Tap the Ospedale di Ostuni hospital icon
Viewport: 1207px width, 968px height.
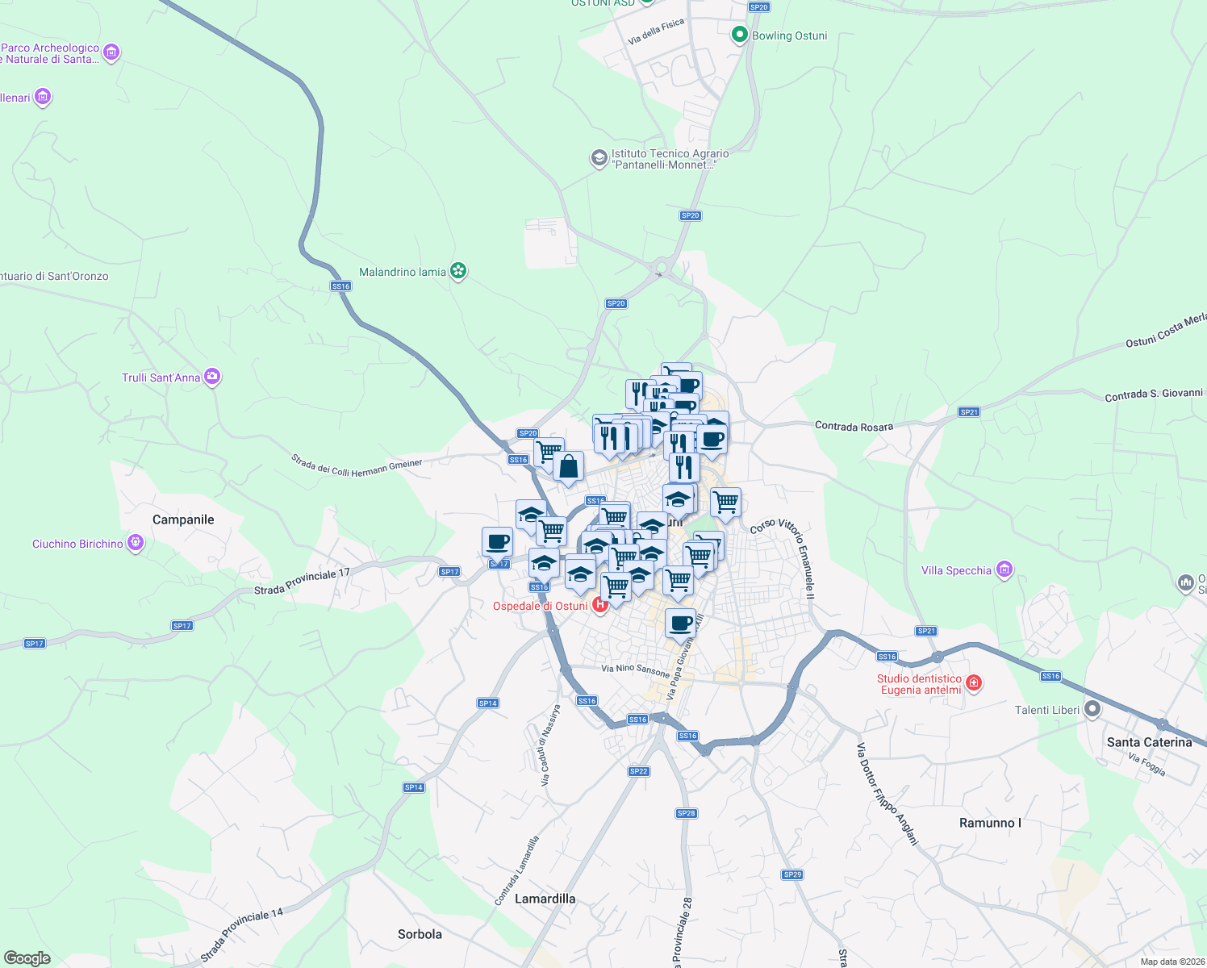[599, 605]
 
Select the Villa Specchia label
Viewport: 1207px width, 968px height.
[956, 571]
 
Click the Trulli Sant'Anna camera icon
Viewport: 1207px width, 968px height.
[212, 377]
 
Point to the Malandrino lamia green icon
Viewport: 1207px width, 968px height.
[458, 271]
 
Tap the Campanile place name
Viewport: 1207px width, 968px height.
[183, 519]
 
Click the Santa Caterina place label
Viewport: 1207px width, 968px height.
[1149, 742]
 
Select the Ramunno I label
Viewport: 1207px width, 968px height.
[990, 823]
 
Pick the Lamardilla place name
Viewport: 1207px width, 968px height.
[545, 899]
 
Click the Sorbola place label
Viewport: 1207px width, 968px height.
[420, 934]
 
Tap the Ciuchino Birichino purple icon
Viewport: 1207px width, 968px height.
[136, 543]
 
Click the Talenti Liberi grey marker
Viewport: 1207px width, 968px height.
[1092, 710]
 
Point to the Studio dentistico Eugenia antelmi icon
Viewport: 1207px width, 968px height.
[974, 683]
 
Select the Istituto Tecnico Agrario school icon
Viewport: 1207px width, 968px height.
[599, 157]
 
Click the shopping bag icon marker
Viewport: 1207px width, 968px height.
[568, 467]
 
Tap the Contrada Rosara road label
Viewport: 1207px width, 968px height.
[854, 426]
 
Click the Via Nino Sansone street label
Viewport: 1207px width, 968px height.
[635, 670]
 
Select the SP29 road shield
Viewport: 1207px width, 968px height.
[792, 874]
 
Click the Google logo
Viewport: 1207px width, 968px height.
[27, 958]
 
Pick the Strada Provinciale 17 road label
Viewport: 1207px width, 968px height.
[302, 581]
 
